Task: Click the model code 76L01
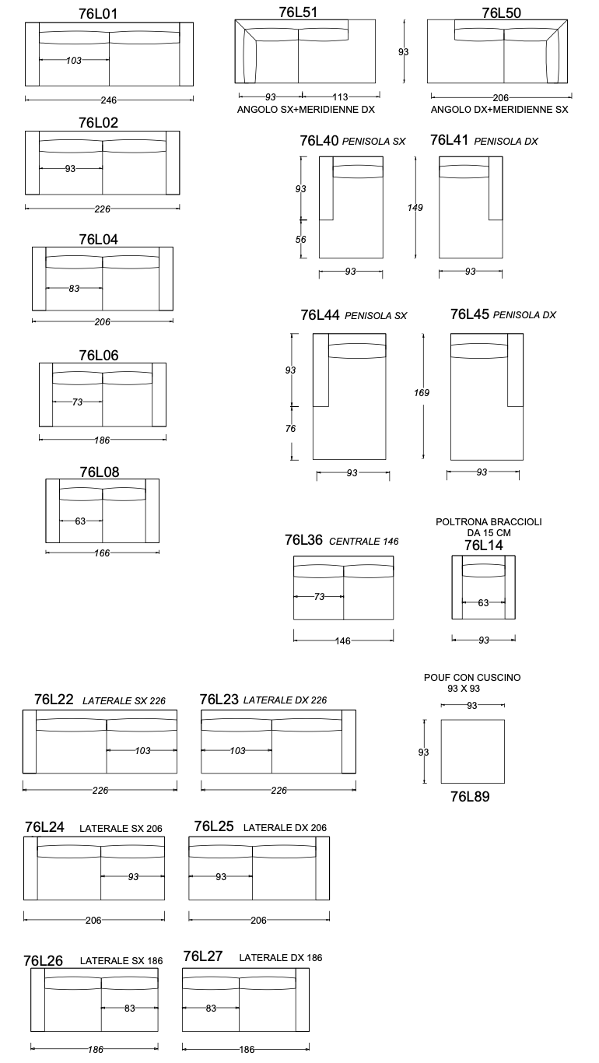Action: tap(99, 12)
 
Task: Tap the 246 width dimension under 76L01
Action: tap(109, 100)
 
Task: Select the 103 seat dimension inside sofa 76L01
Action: tap(75, 61)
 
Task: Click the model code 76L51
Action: tap(298, 12)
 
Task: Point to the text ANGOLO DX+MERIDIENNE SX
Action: tap(499, 110)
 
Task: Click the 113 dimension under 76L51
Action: tap(340, 97)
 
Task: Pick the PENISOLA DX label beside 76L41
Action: tap(506, 142)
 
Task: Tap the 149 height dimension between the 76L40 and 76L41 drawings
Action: tap(415, 208)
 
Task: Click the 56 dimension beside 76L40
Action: tap(301, 240)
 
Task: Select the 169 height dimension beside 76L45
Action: tap(422, 393)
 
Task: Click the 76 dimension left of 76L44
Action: tap(290, 429)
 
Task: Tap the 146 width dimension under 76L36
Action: tap(342, 641)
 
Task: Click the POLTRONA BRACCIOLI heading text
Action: tap(489, 521)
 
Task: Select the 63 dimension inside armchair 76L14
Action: tap(483, 602)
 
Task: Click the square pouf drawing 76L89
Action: tap(472, 751)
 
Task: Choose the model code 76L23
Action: tap(219, 700)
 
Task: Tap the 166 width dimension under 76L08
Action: tap(102, 553)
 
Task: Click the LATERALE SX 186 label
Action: tap(121, 961)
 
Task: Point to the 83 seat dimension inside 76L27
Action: tap(211, 1009)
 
